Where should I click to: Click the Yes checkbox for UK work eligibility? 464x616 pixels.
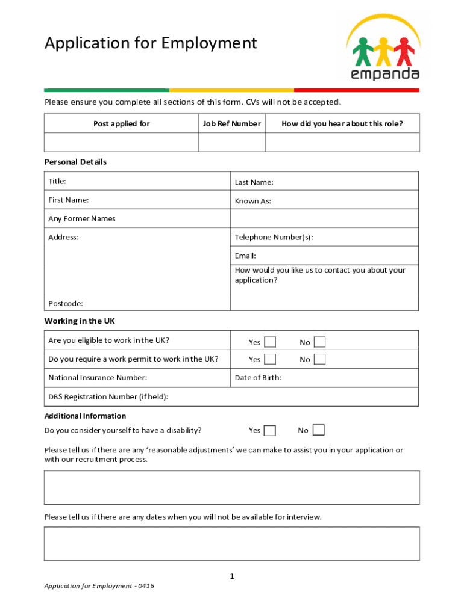pyautogui.click(x=270, y=342)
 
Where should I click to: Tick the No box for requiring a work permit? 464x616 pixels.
pyautogui.click(x=320, y=359)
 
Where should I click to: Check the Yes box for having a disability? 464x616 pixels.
pyautogui.click(x=270, y=430)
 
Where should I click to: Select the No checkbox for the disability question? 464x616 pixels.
pyautogui.click(x=318, y=430)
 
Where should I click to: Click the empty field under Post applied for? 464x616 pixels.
pyautogui.click(x=122, y=143)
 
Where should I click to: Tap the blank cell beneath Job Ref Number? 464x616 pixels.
pyautogui.click(x=232, y=143)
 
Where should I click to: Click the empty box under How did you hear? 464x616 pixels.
pyautogui.click(x=342, y=143)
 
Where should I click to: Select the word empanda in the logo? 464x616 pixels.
pyautogui.click(x=385, y=74)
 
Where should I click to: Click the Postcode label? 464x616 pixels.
pyautogui.click(x=66, y=304)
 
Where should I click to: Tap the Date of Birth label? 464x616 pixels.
pyautogui.click(x=258, y=378)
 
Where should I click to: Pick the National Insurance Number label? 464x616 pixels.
pyautogui.click(x=98, y=378)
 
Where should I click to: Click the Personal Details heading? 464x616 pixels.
pyautogui.click(x=75, y=162)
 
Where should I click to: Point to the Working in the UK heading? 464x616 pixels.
pyautogui.click(x=80, y=321)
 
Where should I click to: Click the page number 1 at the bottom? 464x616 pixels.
pyautogui.click(x=231, y=576)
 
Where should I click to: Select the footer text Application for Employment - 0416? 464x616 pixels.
pyautogui.click(x=99, y=586)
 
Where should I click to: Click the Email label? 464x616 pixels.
pyautogui.click(x=245, y=256)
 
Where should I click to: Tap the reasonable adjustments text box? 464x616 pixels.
pyautogui.click(x=231, y=487)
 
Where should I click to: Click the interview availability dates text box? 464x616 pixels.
pyautogui.click(x=231, y=544)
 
